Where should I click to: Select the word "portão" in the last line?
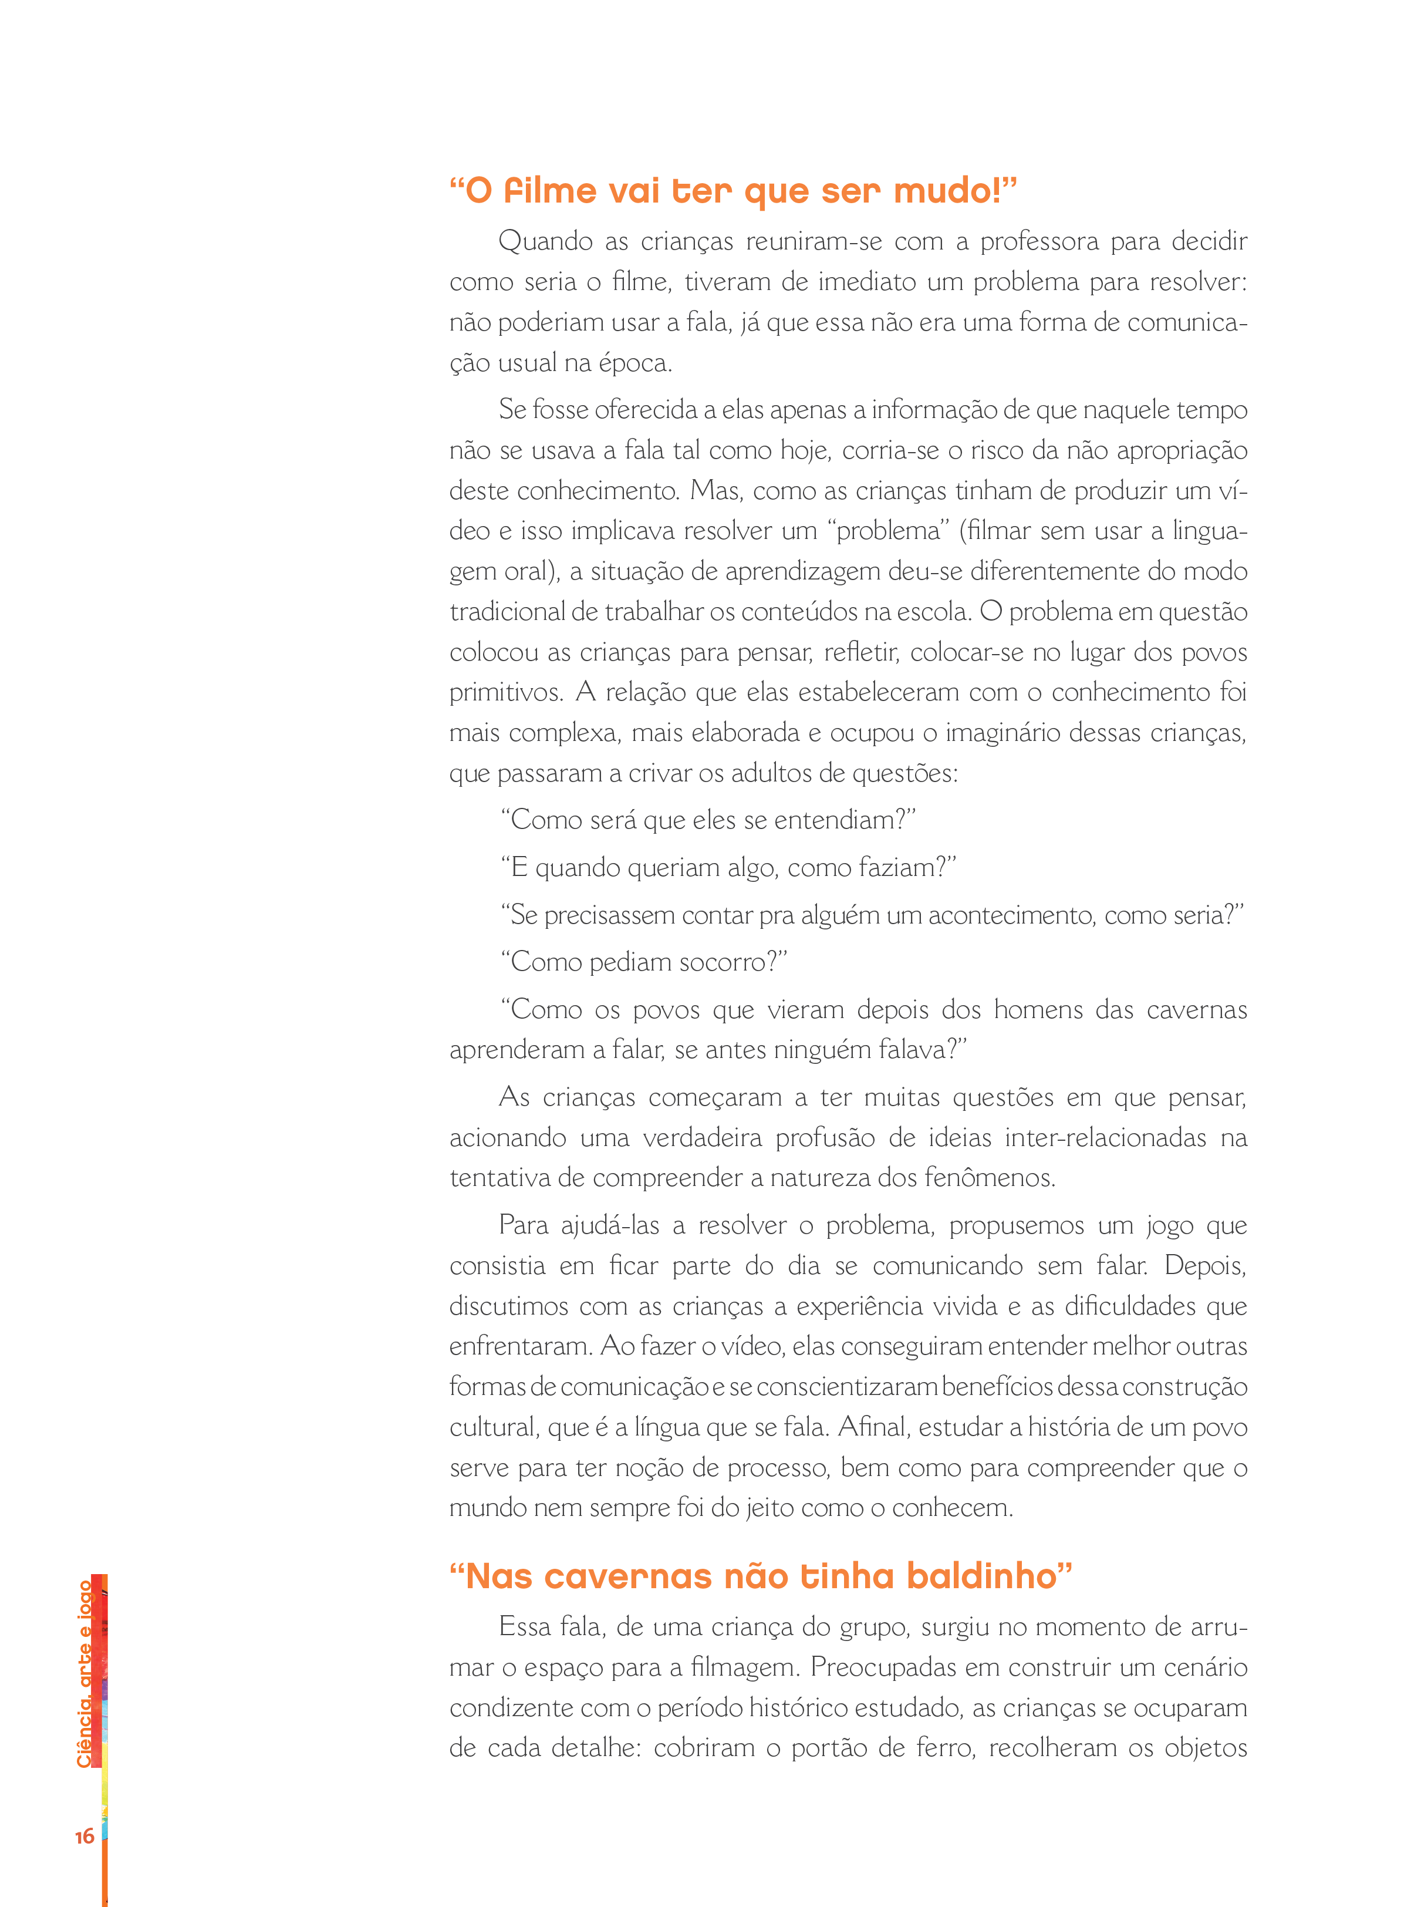tap(828, 1748)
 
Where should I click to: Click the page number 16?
tap(85, 1837)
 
